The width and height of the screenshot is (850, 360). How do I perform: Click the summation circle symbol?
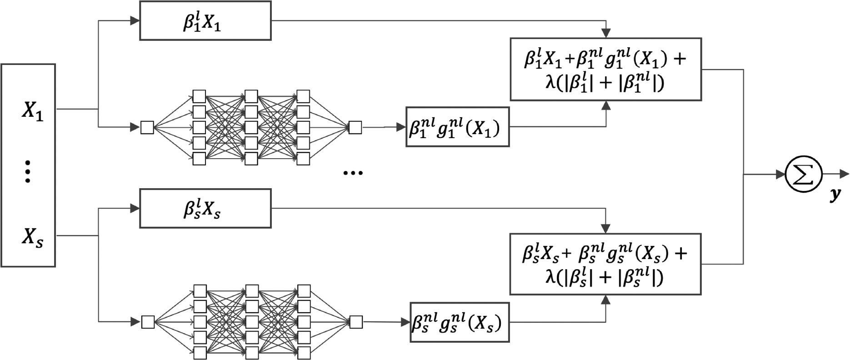point(804,174)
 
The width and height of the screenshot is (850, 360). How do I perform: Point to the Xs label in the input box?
point(33,237)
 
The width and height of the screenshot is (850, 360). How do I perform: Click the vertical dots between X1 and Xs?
point(28,171)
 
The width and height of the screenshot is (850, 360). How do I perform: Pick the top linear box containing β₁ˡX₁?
point(205,21)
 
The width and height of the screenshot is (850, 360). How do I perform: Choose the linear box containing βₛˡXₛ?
point(205,209)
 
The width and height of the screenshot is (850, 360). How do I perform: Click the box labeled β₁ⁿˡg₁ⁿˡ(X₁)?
point(457,127)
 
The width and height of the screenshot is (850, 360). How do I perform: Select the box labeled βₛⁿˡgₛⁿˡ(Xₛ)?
point(459,322)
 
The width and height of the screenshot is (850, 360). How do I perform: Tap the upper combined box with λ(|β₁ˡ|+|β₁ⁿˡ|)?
point(605,70)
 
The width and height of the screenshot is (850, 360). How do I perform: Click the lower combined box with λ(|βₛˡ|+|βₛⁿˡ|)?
point(605,264)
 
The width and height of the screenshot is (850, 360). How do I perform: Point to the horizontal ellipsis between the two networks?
point(353,173)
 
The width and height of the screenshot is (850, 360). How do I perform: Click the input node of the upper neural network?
point(147,127)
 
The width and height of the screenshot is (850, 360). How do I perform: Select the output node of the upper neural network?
point(355,127)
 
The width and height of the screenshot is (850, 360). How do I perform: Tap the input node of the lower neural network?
point(148,322)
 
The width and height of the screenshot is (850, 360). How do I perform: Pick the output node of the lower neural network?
point(356,322)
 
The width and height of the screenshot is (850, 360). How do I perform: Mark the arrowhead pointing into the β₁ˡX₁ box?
point(135,20)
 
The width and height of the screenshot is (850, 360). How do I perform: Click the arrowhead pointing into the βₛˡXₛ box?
point(135,209)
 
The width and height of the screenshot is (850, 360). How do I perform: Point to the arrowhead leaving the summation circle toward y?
point(844,174)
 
